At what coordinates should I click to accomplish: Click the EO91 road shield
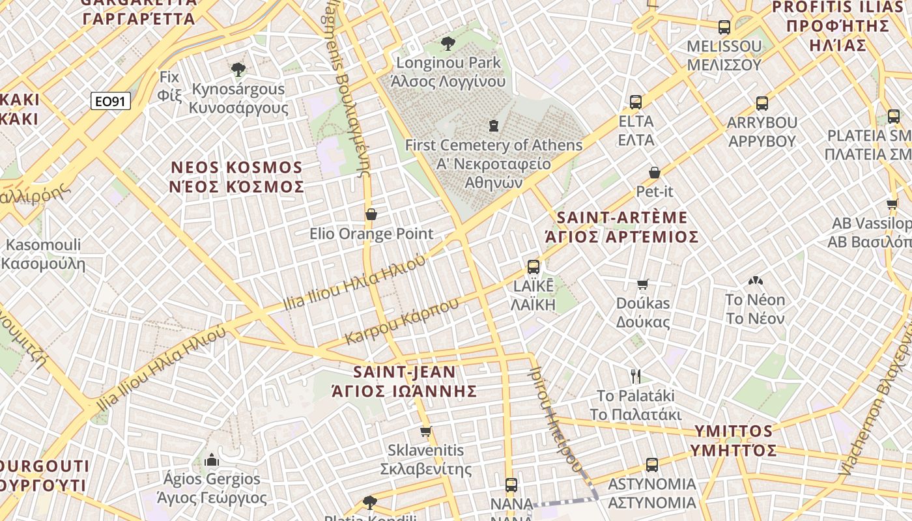(x=111, y=101)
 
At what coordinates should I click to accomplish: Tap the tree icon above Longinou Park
(x=448, y=44)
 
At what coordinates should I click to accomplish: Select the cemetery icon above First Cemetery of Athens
(x=494, y=125)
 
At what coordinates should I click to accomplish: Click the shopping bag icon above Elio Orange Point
(x=371, y=214)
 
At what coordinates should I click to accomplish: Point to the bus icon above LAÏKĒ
(x=534, y=266)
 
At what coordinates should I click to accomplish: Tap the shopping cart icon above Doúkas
(x=642, y=284)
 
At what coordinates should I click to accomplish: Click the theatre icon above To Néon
(x=756, y=281)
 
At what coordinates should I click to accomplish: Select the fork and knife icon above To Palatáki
(x=636, y=376)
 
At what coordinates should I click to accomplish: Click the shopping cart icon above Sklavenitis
(x=426, y=431)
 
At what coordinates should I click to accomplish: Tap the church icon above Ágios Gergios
(x=212, y=460)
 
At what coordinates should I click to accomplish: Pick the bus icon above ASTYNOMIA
(x=652, y=465)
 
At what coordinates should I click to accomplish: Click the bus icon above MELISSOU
(x=724, y=27)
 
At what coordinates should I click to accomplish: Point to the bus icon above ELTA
(x=636, y=102)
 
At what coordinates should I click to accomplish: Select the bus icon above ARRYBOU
(x=762, y=104)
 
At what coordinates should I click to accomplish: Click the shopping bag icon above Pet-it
(x=655, y=173)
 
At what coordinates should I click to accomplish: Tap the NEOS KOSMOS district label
(x=237, y=177)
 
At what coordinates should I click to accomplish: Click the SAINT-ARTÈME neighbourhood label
(x=621, y=227)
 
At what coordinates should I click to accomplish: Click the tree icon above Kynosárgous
(x=238, y=69)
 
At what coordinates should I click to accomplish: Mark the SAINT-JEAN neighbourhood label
(x=405, y=381)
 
